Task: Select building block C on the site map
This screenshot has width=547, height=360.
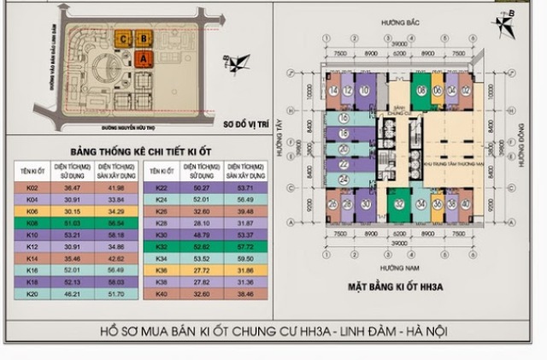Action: click(x=126, y=38)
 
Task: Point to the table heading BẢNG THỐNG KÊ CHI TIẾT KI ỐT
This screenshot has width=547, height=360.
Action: click(x=138, y=150)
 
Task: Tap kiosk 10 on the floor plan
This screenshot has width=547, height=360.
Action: click(x=364, y=91)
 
